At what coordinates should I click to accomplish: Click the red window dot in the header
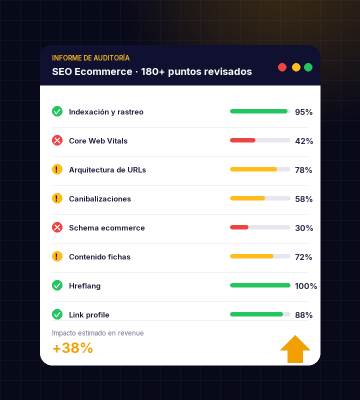pyautogui.click(x=282, y=67)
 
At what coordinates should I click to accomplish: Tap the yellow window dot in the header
pyautogui.click(x=296, y=67)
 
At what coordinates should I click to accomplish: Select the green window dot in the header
pyautogui.click(x=308, y=67)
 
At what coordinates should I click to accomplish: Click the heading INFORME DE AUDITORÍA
pyautogui.click(x=90, y=58)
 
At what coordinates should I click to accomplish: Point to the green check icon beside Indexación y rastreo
pyautogui.click(x=57, y=111)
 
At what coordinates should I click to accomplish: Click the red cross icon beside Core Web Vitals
pyautogui.click(x=57, y=140)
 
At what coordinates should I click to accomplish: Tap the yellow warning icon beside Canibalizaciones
pyautogui.click(x=57, y=198)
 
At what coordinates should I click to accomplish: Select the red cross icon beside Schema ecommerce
pyautogui.click(x=57, y=227)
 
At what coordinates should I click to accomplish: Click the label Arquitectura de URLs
pyautogui.click(x=107, y=170)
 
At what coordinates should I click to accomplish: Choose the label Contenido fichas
pyautogui.click(x=99, y=257)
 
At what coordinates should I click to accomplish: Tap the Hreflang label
pyautogui.click(x=84, y=286)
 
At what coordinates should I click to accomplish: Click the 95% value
pyautogui.click(x=303, y=112)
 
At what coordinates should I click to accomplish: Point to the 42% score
pyautogui.click(x=303, y=141)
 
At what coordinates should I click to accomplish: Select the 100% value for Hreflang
pyautogui.click(x=305, y=286)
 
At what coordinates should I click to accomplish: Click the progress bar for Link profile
pyautogui.click(x=260, y=314)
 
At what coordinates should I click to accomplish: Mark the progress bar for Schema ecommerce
pyautogui.click(x=260, y=227)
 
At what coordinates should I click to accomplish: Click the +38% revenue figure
pyautogui.click(x=72, y=348)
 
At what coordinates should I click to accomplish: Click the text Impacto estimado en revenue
pyautogui.click(x=97, y=333)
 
